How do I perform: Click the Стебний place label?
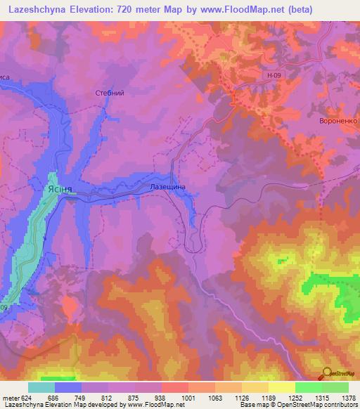pyautogui.click(x=109, y=92)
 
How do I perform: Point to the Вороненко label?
pyautogui.click(x=338, y=121)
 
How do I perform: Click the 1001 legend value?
pyautogui.click(x=188, y=397)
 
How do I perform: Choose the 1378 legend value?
pyautogui.click(x=348, y=397)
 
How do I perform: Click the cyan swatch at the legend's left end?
pyautogui.click(x=41, y=387)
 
